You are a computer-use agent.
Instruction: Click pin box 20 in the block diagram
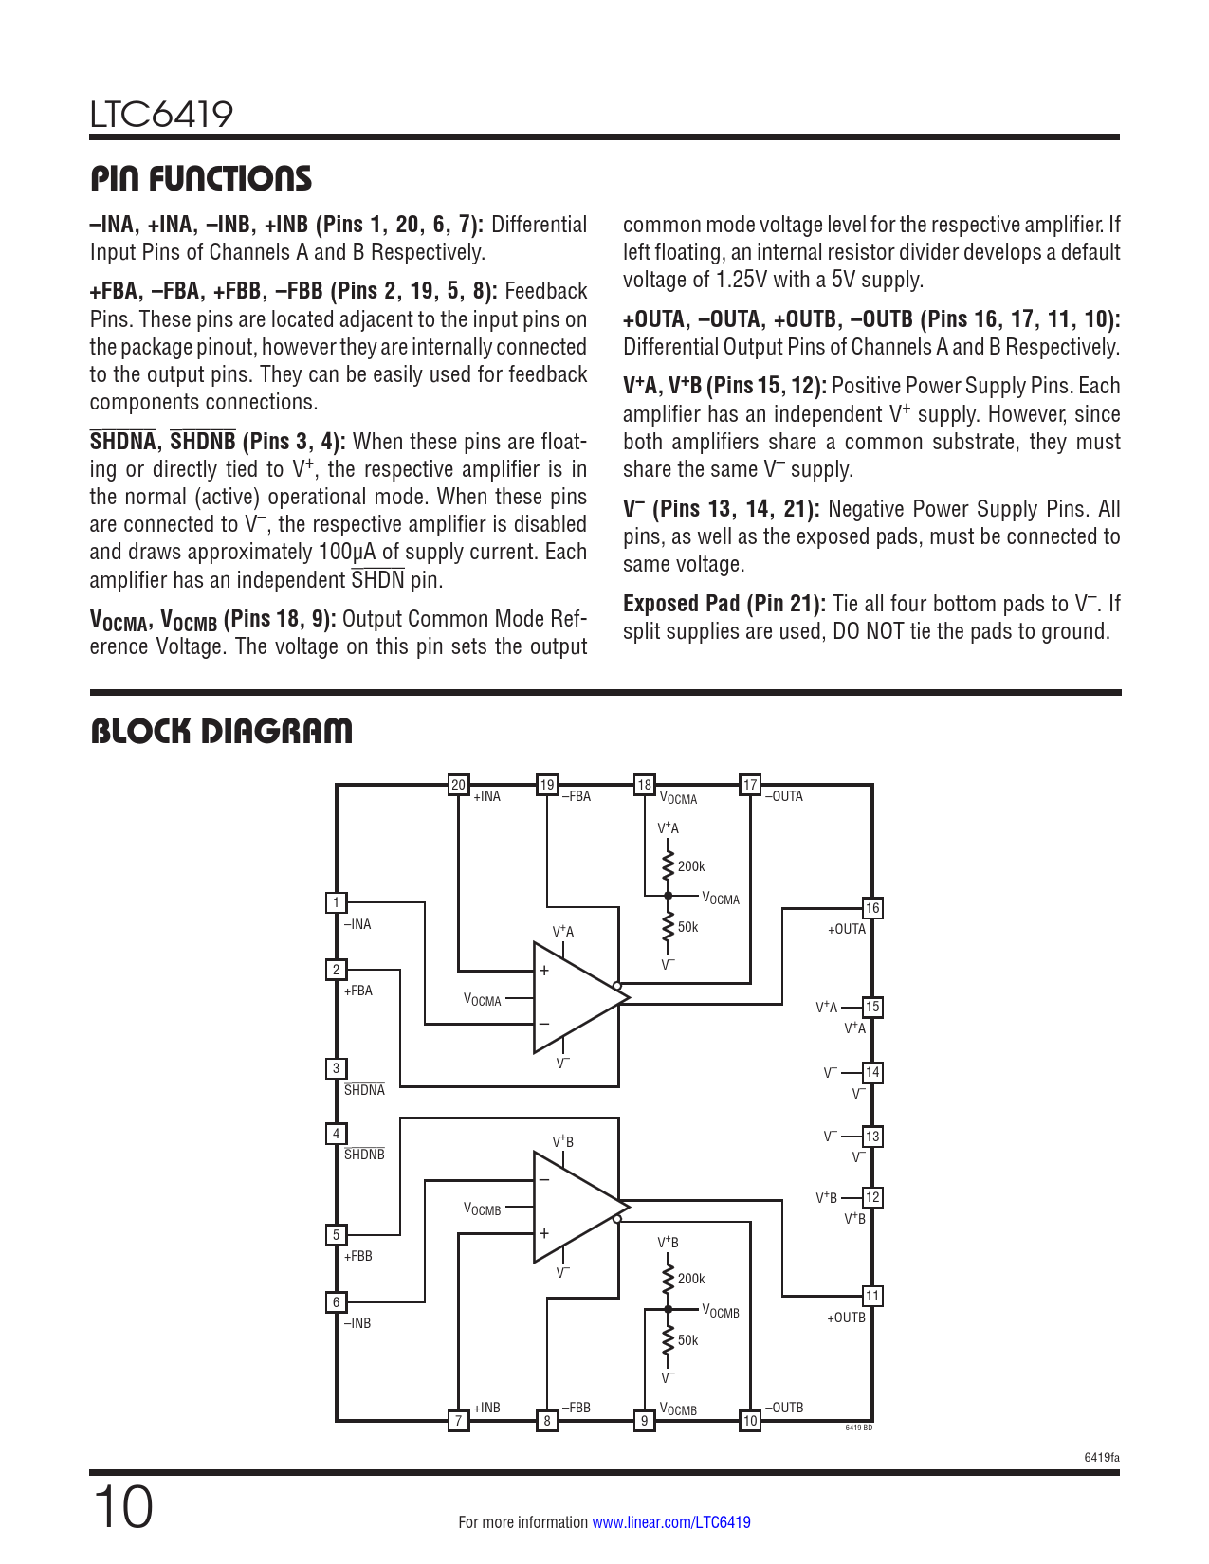pos(458,785)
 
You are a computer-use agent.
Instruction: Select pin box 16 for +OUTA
pos(872,908)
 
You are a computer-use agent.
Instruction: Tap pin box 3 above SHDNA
pos(336,1068)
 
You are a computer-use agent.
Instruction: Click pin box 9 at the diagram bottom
pos(644,1420)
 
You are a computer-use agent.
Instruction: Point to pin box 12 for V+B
pos(872,1197)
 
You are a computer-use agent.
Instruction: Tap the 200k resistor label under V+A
pos(691,866)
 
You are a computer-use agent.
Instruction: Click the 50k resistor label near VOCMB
pos(687,1340)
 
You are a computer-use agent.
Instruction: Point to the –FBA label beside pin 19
pos(576,796)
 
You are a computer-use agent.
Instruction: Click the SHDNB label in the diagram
pos(364,1155)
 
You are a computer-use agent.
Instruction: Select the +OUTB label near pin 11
pos(846,1318)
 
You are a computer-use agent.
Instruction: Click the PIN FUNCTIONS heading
pos(201,178)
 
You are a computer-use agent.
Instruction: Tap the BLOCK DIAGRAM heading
pos(222,731)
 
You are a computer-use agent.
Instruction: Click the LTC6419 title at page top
pos(161,115)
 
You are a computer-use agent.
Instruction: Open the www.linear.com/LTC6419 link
pos(670,1522)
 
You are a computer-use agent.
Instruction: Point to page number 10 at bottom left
pos(122,1507)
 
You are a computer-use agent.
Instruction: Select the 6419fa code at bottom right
pos(1102,1457)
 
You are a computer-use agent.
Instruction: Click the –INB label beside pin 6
pos(357,1323)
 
